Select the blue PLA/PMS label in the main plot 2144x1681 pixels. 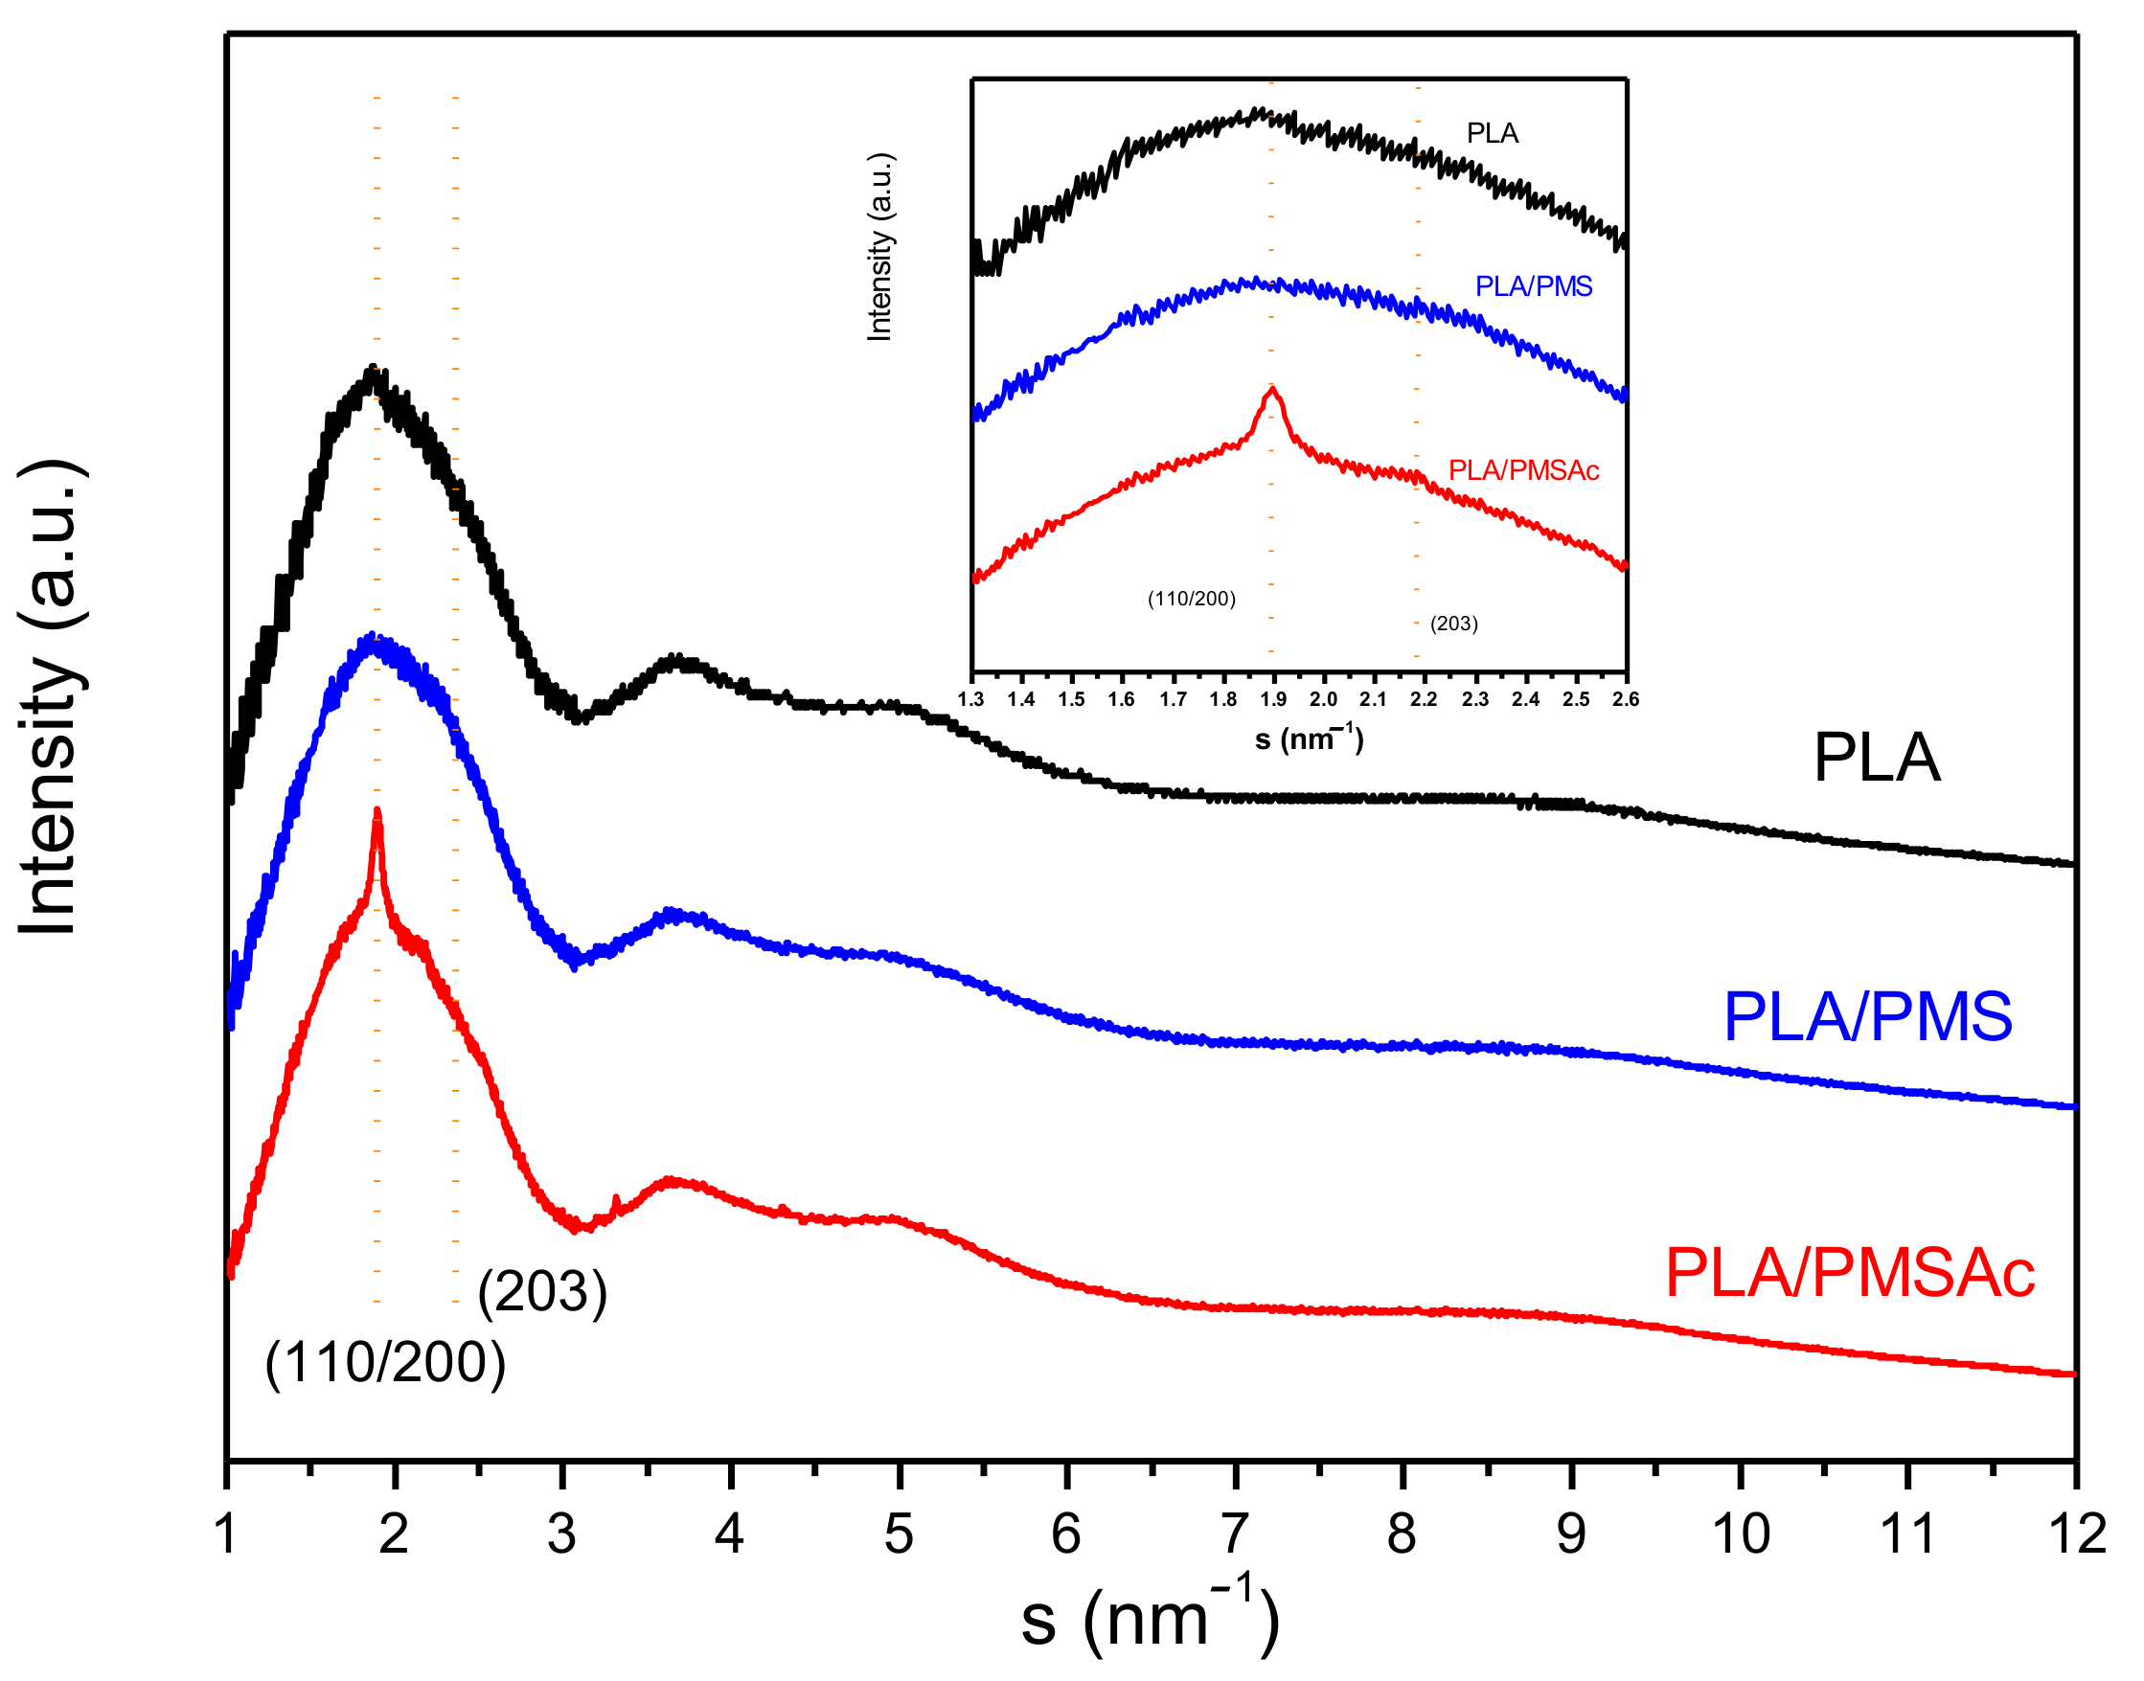tap(1867, 1016)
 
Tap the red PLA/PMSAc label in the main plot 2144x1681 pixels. tap(1849, 1274)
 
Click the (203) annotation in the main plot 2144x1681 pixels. tap(542, 1291)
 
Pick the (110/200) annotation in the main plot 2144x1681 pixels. tap(385, 1363)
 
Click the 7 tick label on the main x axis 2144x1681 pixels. tap(1235, 1533)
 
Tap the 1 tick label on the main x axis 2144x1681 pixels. tap(226, 1533)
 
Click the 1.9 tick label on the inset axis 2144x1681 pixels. tap(1273, 700)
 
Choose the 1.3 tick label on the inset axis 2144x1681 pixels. tap(970, 700)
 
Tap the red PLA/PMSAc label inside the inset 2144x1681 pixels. tap(1523, 470)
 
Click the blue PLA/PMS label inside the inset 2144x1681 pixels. tap(1533, 286)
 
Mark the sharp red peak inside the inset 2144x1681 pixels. tap(1274, 390)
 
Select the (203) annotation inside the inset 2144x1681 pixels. tap(1454, 623)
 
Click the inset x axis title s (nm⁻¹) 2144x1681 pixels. tap(1309, 738)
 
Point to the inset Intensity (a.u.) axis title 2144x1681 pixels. tap(879, 247)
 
